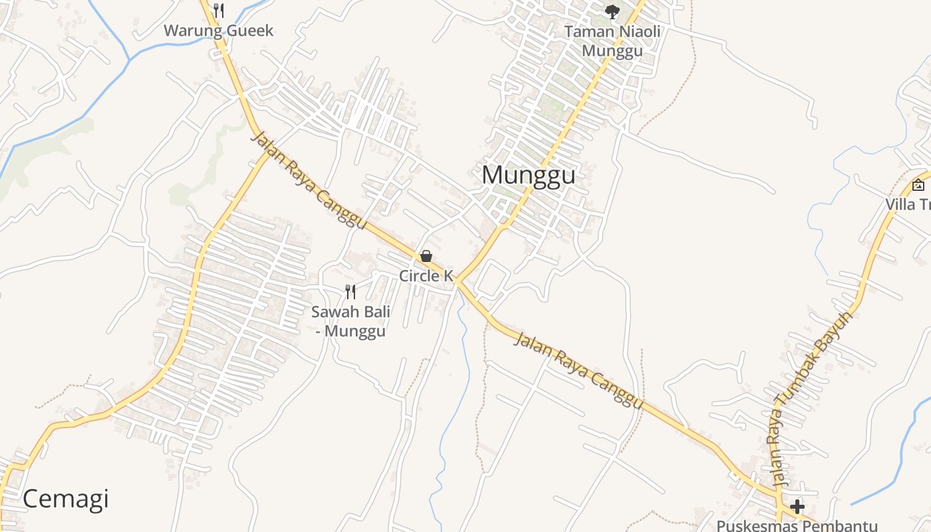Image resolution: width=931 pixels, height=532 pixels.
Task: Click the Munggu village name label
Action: click(528, 175)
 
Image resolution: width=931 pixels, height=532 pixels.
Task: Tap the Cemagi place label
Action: click(65, 499)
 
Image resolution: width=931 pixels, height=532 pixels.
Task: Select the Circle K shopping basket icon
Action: click(426, 256)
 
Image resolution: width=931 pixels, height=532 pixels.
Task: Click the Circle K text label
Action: click(426, 275)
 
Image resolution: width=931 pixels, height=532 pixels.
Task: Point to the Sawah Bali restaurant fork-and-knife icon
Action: click(350, 291)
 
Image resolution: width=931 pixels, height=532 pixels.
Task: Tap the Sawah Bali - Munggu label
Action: click(350, 321)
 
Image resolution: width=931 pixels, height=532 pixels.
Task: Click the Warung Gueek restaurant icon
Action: click(219, 11)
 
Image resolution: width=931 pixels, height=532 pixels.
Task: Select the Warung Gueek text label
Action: click(218, 31)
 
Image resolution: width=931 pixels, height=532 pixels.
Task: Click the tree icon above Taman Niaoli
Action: click(612, 11)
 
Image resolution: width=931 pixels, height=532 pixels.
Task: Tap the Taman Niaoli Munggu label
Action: click(612, 41)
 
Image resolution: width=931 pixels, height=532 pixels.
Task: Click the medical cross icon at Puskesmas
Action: click(797, 507)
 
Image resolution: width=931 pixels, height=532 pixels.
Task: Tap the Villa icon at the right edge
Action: click(918, 185)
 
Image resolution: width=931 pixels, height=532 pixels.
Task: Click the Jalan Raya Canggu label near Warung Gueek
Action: click(309, 181)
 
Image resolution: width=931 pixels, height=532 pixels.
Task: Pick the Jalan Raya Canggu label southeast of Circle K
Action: click(579, 371)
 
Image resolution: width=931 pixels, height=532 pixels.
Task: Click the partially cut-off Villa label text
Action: click(908, 204)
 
